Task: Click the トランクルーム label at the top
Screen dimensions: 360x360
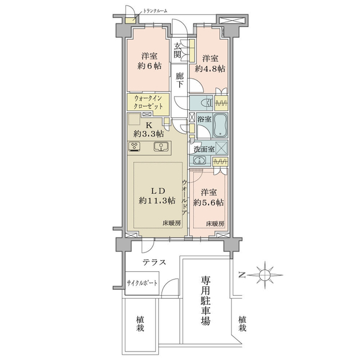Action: [x=155, y=11]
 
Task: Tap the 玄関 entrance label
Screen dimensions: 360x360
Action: [x=177, y=50]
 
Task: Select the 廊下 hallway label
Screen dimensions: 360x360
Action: [x=180, y=80]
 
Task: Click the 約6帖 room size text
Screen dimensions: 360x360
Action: [x=149, y=66]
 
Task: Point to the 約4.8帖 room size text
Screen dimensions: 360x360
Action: [x=210, y=68]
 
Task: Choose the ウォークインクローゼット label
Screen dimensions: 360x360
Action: [x=149, y=102]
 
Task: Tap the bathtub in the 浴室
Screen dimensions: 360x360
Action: [x=220, y=125]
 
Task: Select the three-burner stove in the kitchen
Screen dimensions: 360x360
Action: [x=135, y=146]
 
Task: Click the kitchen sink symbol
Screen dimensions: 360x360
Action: [x=161, y=146]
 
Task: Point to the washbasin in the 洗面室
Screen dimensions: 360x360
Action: [x=199, y=160]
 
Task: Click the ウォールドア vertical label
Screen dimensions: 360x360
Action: [x=184, y=197]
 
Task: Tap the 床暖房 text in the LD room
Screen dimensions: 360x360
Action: [x=172, y=223]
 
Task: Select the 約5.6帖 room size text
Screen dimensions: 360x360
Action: [x=209, y=203]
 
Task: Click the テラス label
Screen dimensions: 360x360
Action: [x=154, y=262]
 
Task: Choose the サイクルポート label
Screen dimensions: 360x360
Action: [x=142, y=283]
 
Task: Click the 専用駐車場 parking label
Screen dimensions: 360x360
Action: [x=206, y=301]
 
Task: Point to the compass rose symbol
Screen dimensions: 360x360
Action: [x=265, y=275]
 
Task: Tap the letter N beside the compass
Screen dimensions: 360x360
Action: [x=242, y=275]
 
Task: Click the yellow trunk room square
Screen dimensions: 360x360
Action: [x=130, y=20]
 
